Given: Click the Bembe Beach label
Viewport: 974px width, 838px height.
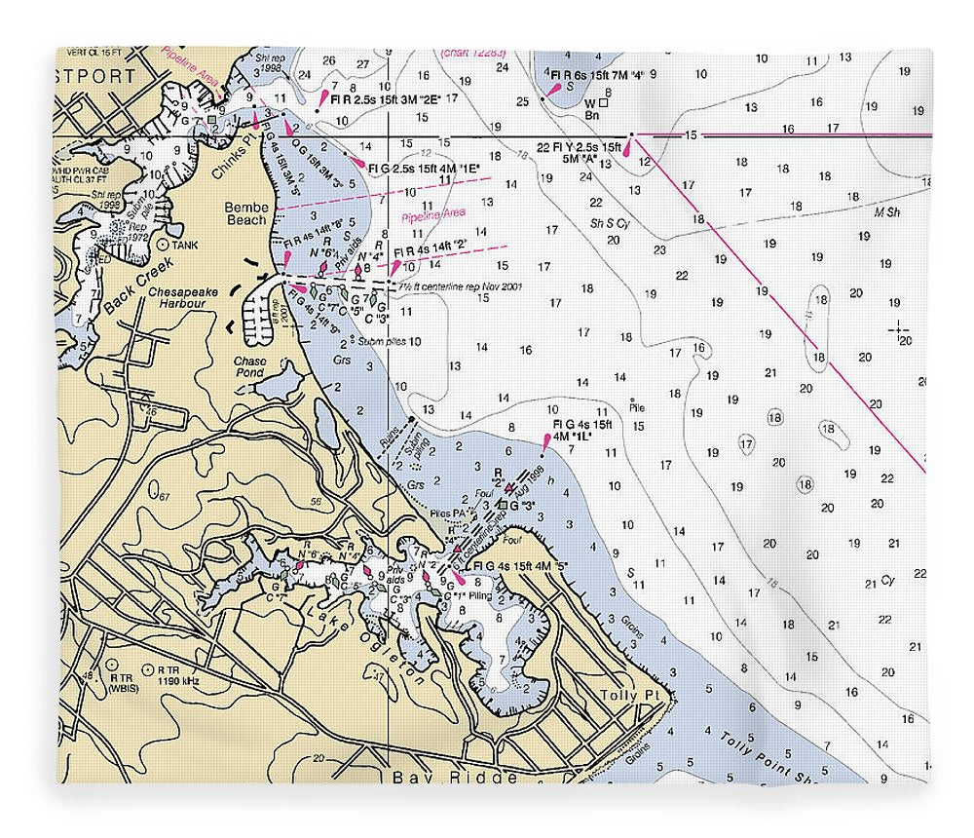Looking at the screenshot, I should click(245, 213).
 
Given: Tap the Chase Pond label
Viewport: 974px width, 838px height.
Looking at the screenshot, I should click(249, 367).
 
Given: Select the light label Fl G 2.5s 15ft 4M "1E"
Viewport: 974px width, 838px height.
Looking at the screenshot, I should click(424, 168).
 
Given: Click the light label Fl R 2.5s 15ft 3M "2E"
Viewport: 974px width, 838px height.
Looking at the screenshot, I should click(387, 98).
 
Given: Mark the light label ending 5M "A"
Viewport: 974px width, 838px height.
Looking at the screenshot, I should click(579, 153).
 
